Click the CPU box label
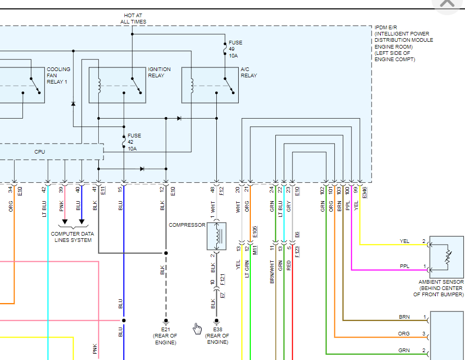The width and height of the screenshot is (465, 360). pyautogui.click(x=40, y=152)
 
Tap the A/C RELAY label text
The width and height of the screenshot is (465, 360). pyautogui.click(x=249, y=72)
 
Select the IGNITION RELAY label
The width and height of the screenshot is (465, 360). pyautogui.click(x=159, y=72)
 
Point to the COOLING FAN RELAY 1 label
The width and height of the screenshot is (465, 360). pyautogui.click(x=59, y=75)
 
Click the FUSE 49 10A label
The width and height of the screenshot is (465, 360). pyautogui.click(x=236, y=49)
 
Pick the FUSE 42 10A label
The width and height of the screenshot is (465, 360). pyautogui.click(x=134, y=142)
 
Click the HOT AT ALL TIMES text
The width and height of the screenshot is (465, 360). pyautogui.click(x=133, y=19)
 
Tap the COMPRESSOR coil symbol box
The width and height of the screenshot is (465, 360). pyautogui.click(x=216, y=236)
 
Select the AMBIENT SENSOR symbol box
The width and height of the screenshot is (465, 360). pyautogui.click(x=447, y=257)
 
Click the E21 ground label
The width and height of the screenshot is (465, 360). pyautogui.click(x=166, y=336)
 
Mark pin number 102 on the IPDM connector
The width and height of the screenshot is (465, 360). pyautogui.click(x=323, y=191)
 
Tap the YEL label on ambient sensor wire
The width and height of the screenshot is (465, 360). pyautogui.click(x=404, y=241)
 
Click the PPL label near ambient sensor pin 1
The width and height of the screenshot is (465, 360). pyautogui.click(x=404, y=266)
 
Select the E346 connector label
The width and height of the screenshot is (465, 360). pyautogui.click(x=364, y=192)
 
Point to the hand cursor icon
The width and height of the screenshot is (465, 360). pyautogui.click(x=197, y=328)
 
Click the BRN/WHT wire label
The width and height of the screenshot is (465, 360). pyautogui.click(x=272, y=272)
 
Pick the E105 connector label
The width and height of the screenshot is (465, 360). pyautogui.click(x=255, y=231)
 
